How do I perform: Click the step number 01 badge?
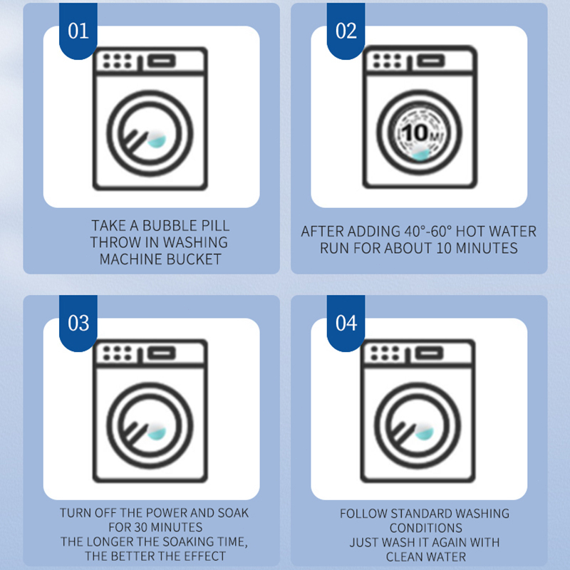(x=78, y=31)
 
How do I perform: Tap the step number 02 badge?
(x=346, y=31)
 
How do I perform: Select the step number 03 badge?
(x=78, y=323)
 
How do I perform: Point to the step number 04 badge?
(x=346, y=323)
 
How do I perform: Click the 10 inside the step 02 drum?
(x=415, y=133)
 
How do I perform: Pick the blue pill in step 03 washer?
(x=157, y=432)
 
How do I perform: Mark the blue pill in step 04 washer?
(x=425, y=432)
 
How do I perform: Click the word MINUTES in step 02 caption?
(x=487, y=248)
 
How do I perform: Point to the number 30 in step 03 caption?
(x=140, y=527)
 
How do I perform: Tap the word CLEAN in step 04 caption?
(x=405, y=556)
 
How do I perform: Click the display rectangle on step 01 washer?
(x=162, y=61)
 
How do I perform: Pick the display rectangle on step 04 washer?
(x=430, y=353)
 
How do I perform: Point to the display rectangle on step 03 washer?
(x=162, y=353)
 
